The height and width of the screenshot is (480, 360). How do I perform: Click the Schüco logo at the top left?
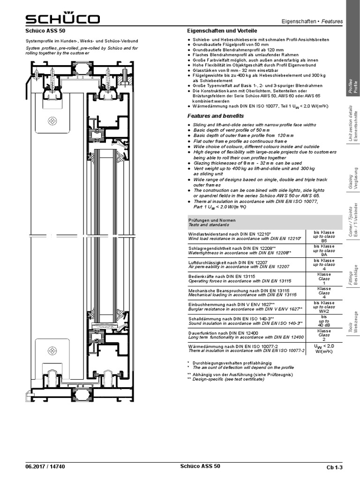(62, 18)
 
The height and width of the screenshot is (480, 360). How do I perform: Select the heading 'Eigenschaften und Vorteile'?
(222, 30)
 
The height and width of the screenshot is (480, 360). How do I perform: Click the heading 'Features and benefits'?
(216, 116)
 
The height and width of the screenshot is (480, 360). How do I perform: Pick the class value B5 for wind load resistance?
(324, 240)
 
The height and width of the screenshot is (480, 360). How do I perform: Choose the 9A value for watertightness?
(324, 255)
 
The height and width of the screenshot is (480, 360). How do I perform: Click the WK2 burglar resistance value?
(324, 311)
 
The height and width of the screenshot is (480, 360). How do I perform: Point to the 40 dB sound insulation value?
(324, 325)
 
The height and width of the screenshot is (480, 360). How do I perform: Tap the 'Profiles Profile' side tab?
(353, 87)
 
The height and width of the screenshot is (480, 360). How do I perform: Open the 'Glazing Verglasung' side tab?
(353, 178)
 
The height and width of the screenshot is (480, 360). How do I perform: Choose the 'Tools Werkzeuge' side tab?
(353, 322)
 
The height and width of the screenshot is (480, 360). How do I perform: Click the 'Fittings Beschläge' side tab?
(353, 275)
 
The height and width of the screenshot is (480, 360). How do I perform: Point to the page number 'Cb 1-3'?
(334, 467)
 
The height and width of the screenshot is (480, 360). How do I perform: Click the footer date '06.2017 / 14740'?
(45, 466)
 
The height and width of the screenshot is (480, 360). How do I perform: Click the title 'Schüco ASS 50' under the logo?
(45, 30)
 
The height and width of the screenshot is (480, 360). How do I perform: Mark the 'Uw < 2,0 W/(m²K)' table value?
(324, 348)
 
